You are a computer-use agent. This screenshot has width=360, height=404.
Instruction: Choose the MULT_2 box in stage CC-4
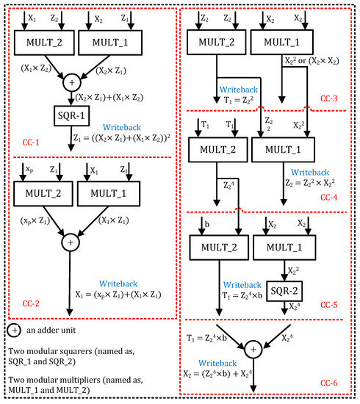[216, 150]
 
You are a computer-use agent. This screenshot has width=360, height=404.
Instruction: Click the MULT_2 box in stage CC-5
[216, 246]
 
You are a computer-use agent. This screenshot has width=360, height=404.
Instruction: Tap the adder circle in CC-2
[71, 241]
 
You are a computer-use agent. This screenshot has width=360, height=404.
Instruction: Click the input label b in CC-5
[201, 222]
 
